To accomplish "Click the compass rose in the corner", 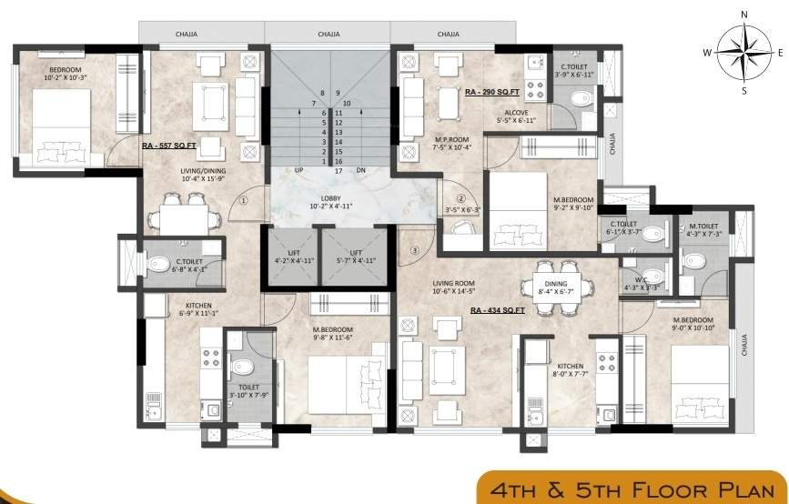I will pos(743,52).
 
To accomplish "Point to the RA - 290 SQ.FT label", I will pos(491,93).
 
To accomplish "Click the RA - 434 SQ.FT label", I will pos(498,310).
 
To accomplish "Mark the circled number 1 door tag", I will pos(244,202).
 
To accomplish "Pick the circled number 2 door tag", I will pos(460,199).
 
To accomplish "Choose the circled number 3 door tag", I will pos(415,250).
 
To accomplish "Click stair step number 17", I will pos(338,170).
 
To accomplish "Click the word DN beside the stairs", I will pos(359,170).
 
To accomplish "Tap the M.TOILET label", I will pos(703,227).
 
